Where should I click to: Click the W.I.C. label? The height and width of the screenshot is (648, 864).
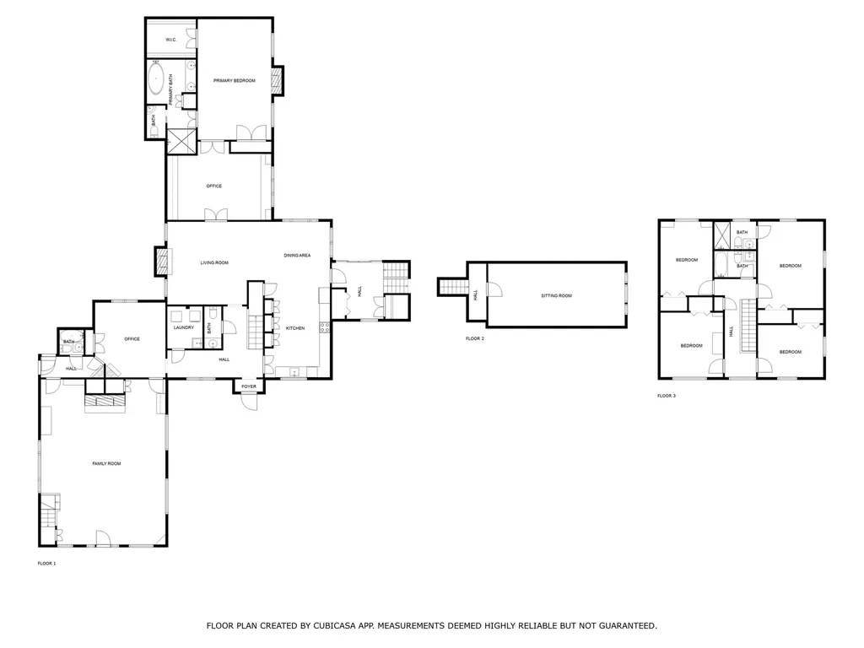tap(170, 40)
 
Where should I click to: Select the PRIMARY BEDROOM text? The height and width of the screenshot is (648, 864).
tap(234, 80)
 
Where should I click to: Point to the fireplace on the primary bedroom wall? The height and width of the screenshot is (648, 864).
tap(277, 80)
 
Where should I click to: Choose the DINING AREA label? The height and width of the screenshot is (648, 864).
tap(297, 255)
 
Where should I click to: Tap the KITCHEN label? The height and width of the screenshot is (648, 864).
tap(294, 328)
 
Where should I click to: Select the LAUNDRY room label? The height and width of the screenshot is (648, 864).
tap(184, 328)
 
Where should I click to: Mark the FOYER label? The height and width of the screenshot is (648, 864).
tap(249, 386)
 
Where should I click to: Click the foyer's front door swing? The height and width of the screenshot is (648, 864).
tap(250, 402)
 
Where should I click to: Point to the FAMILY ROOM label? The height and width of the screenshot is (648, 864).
tap(106, 463)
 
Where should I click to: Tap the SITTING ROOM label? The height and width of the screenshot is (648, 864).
tap(556, 295)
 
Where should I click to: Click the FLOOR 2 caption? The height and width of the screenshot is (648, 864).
tap(475, 338)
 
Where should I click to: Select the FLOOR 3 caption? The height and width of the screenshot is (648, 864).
tap(667, 396)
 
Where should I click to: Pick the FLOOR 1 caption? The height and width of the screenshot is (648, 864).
tap(46, 563)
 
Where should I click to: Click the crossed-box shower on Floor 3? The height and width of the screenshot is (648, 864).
tap(723, 235)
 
